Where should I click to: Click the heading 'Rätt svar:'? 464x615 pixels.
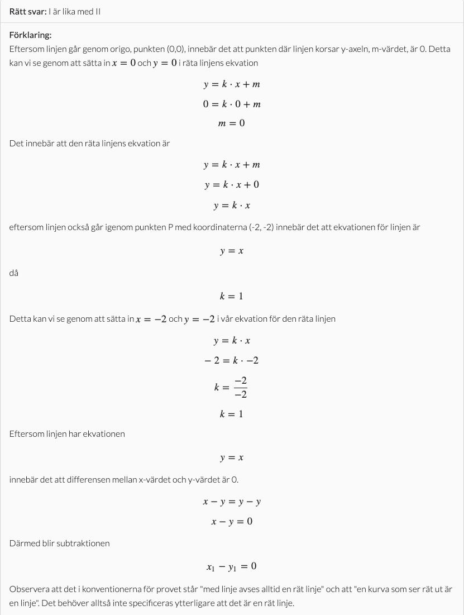(28, 11)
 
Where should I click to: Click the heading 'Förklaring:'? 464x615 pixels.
(30, 35)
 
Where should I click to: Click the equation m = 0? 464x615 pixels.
(231, 123)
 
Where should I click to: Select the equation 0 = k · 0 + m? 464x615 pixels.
(232, 104)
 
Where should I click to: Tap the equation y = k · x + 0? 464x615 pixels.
(232, 184)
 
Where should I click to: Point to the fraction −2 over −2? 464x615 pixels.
(241, 387)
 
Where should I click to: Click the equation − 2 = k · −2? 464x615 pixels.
(232, 360)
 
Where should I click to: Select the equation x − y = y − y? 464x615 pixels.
(232, 501)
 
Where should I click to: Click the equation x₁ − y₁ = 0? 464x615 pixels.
(232, 566)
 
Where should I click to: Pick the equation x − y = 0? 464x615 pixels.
(232, 521)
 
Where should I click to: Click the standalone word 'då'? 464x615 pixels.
(14, 273)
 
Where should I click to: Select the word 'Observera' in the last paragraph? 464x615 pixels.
(28, 589)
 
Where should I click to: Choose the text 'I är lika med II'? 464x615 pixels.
(74, 11)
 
